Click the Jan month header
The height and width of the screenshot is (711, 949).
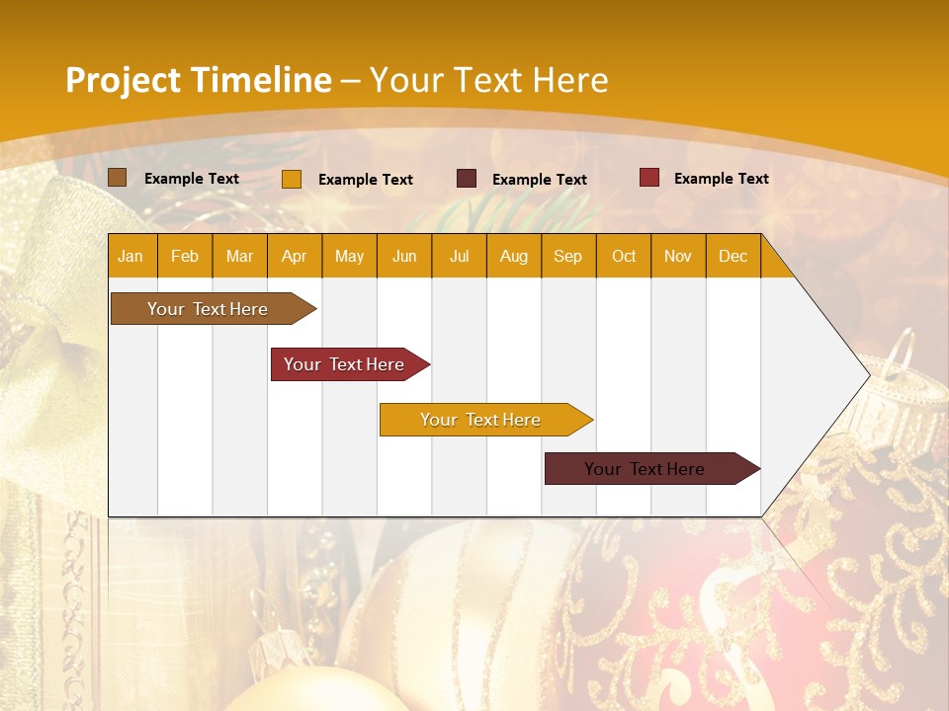pyautogui.click(x=130, y=256)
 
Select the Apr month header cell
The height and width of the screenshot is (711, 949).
pyautogui.click(x=294, y=256)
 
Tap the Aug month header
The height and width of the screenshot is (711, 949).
pyautogui.click(x=513, y=256)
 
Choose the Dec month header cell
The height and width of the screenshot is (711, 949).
pyautogui.click(x=733, y=256)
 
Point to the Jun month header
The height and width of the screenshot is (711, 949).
pyautogui.click(x=403, y=256)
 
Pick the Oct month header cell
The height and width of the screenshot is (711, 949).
pyautogui.click(x=623, y=256)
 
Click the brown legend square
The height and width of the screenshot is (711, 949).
pyautogui.click(x=117, y=178)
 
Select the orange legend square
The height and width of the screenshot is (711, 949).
pyautogui.click(x=292, y=179)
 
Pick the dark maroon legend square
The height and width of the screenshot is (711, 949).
pyautogui.click(x=467, y=179)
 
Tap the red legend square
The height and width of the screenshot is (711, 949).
pyautogui.click(x=649, y=178)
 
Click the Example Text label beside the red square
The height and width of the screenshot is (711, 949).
pyautogui.click(x=721, y=178)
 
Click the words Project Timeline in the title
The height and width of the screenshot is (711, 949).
pyautogui.click(x=198, y=80)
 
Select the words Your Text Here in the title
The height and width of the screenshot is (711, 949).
pyautogui.click(x=488, y=80)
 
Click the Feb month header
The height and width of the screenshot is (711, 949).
pyautogui.click(x=185, y=256)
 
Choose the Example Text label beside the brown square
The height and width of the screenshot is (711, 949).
pyautogui.click(x=191, y=178)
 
